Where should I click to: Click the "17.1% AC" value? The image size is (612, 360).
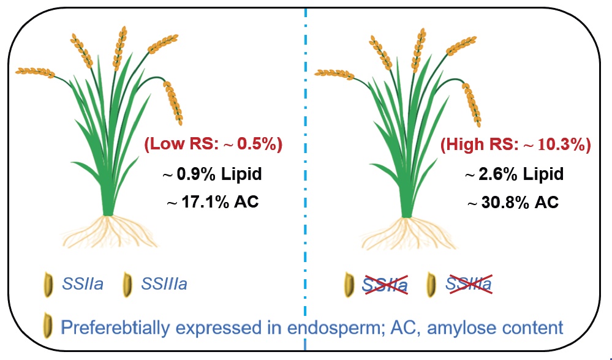213,201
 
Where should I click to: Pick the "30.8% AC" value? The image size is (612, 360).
513,202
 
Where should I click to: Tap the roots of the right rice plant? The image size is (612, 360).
408,233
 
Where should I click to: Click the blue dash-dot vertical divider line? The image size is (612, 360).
305,184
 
